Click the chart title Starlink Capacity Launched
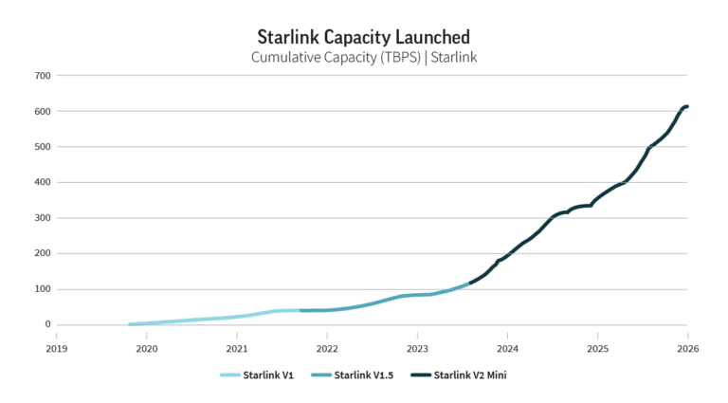[364, 36]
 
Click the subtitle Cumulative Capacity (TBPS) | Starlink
[364, 57]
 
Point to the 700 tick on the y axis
[43, 76]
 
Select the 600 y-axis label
[43, 111]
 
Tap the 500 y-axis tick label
[43, 147]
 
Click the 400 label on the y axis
[43, 182]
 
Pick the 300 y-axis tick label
[43, 218]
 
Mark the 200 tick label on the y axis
[43, 253]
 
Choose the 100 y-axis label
[43, 289]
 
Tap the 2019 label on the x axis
[56, 348]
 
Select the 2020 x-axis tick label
[146, 348]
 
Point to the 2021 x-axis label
[236, 348]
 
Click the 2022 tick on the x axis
[326, 348]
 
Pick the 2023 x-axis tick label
[416, 348]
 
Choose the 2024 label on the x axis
[506, 348]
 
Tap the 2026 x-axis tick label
[687, 348]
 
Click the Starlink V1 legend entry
[257, 376]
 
